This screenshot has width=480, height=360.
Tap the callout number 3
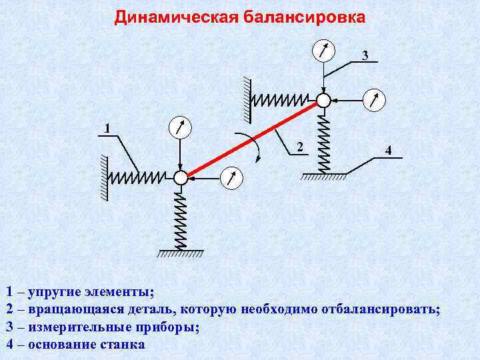click(365, 55)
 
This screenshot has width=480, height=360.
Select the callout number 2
click(300, 147)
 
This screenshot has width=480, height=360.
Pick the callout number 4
click(388, 151)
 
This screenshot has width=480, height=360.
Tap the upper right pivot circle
click(323, 100)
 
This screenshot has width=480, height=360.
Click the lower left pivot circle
click(181, 177)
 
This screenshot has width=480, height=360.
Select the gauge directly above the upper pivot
click(323, 50)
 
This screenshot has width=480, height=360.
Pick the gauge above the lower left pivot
click(180, 127)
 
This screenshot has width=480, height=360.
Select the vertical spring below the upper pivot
click(323, 141)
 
